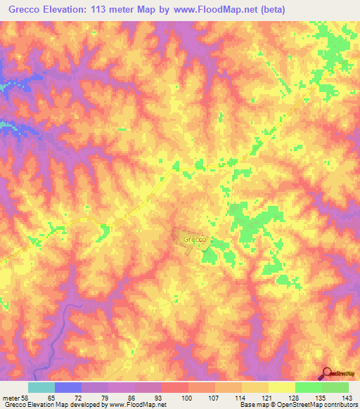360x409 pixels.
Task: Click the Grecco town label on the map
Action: pos(194,239)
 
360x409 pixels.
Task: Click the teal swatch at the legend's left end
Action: pos(41,388)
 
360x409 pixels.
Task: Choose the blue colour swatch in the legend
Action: pos(68,388)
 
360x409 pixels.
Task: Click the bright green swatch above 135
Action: pos(309,388)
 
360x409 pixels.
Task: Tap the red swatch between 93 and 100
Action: pos(175,388)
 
